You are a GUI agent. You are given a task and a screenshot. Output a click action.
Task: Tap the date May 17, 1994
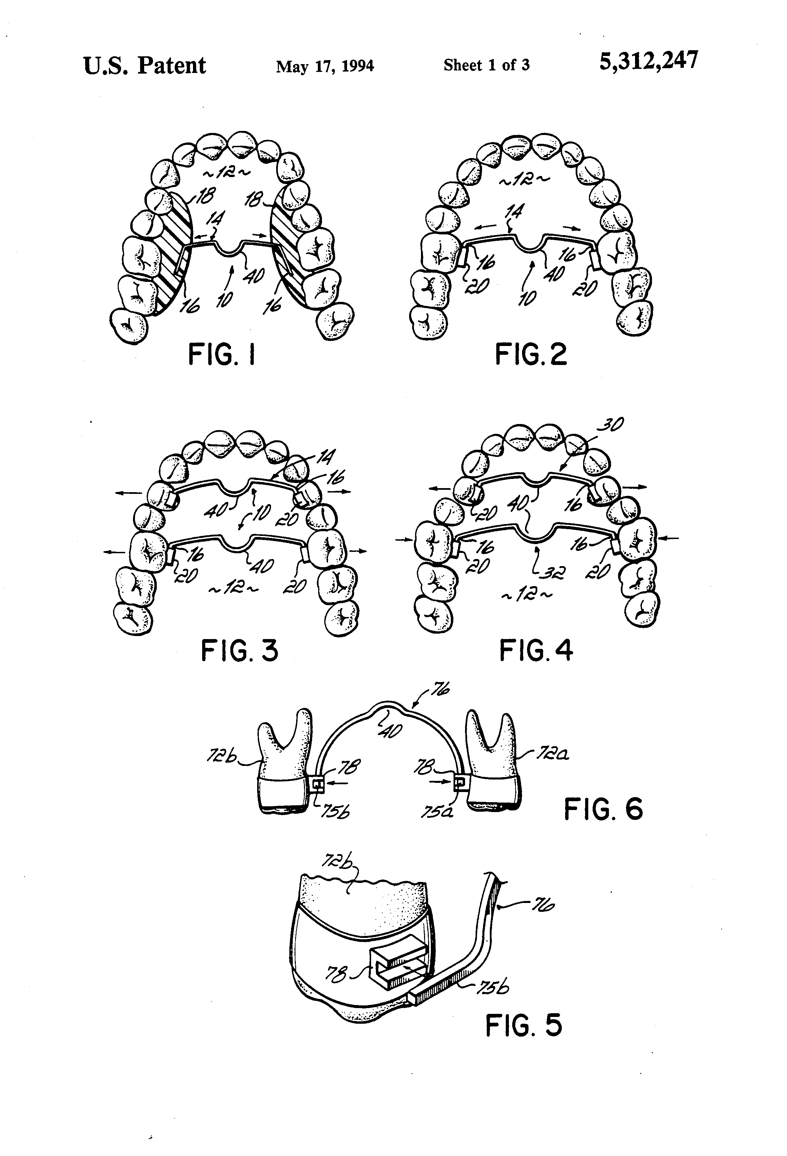click(325, 66)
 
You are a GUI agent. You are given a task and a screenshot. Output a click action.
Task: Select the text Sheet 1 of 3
click(486, 65)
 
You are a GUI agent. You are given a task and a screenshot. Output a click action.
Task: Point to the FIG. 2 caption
click(531, 355)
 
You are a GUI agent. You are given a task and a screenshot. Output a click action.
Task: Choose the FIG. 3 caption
click(239, 651)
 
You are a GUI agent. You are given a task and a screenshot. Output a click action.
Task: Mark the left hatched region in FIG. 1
click(170, 254)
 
